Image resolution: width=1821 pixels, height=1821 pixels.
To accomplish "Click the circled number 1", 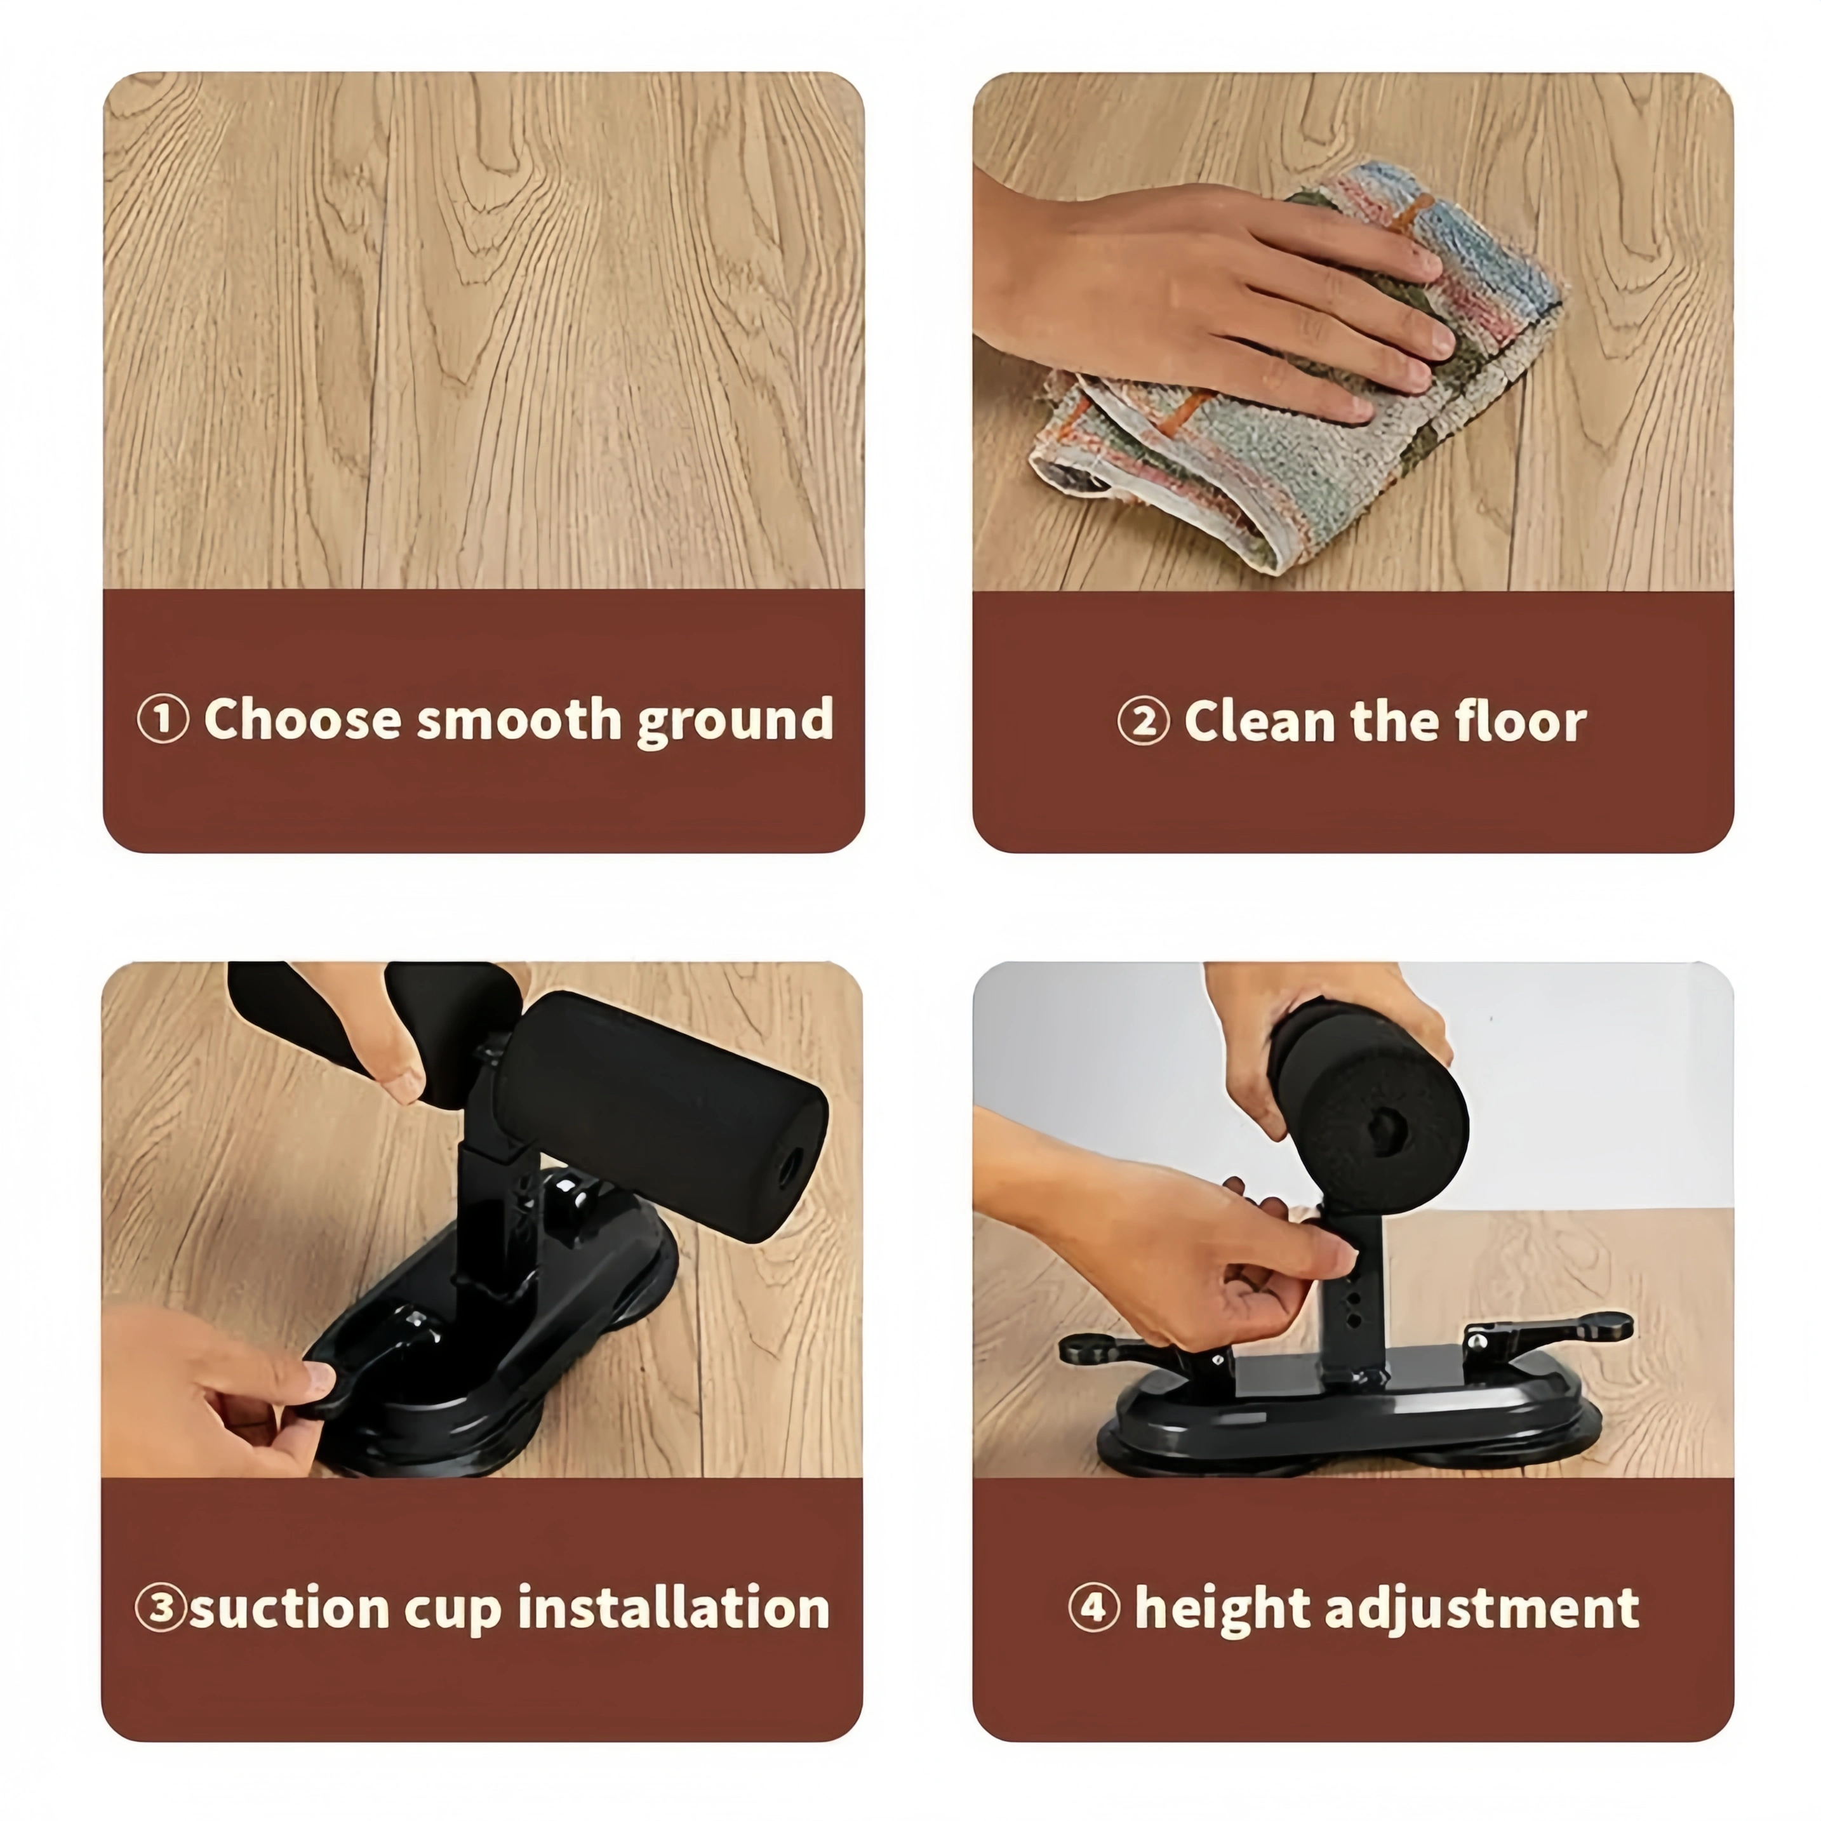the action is (163, 719).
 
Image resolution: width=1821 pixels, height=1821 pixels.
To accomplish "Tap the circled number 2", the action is (1144, 722).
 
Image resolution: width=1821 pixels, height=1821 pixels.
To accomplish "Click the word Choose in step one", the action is (303, 719).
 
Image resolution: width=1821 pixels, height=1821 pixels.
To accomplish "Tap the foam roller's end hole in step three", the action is (785, 1173).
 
